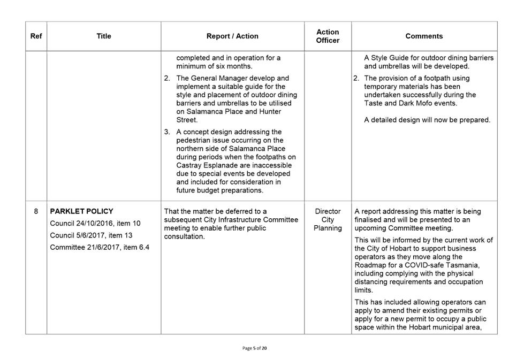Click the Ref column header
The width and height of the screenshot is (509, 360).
point(36,36)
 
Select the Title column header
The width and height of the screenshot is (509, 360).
point(104,36)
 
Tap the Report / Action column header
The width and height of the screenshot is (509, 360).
point(232,36)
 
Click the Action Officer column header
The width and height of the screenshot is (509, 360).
point(328,36)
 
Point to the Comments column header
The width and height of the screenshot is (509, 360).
point(424,36)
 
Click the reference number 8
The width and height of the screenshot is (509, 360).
point(36,211)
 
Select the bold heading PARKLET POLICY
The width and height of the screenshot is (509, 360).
point(81,211)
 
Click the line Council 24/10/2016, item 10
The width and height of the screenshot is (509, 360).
point(95,223)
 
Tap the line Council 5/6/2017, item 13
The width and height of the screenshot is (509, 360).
point(91,235)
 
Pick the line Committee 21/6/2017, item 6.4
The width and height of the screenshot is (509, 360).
point(100,247)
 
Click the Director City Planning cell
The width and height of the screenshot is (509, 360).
point(328,220)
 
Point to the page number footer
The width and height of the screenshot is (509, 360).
point(254,348)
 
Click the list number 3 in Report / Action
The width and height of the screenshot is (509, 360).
point(167,132)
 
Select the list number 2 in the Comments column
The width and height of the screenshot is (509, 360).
point(356,78)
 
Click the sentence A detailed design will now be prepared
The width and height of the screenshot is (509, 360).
point(427,120)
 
